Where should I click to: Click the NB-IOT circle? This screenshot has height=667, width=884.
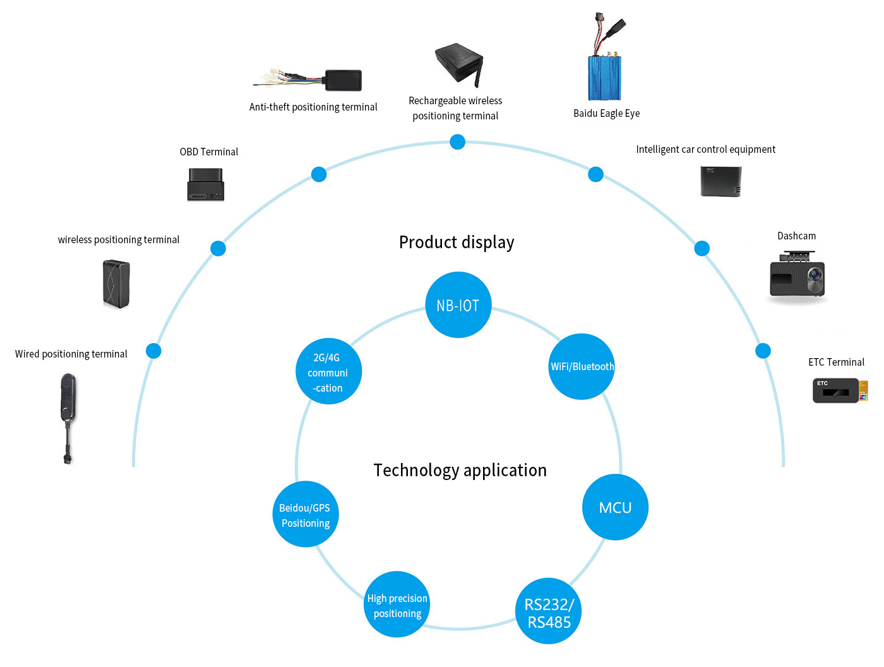point(458,304)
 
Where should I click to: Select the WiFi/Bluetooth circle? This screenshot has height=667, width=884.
point(581,366)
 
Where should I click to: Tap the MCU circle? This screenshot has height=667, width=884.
point(615,507)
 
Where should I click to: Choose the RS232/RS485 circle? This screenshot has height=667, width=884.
point(548,611)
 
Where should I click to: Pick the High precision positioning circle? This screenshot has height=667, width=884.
point(397,604)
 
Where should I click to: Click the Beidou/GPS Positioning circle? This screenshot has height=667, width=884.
point(306,514)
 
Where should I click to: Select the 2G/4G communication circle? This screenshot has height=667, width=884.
point(328,371)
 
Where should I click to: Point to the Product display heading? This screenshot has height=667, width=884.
point(457,243)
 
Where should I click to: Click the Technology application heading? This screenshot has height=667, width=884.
point(460,471)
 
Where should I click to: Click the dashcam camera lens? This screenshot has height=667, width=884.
point(815,275)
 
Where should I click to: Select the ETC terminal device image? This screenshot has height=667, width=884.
point(840,390)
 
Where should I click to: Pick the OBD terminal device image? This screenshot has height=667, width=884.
point(205,184)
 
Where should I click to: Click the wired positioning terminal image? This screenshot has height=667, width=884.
point(68,419)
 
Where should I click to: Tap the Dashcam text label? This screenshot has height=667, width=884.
point(796,236)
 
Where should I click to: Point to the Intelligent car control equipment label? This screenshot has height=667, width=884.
point(705,150)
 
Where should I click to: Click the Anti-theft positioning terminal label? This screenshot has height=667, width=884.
point(313,107)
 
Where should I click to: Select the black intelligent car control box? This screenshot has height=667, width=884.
point(720,181)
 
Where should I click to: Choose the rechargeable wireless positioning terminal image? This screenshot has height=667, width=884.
point(458,65)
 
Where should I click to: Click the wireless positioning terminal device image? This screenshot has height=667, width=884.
point(116,284)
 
